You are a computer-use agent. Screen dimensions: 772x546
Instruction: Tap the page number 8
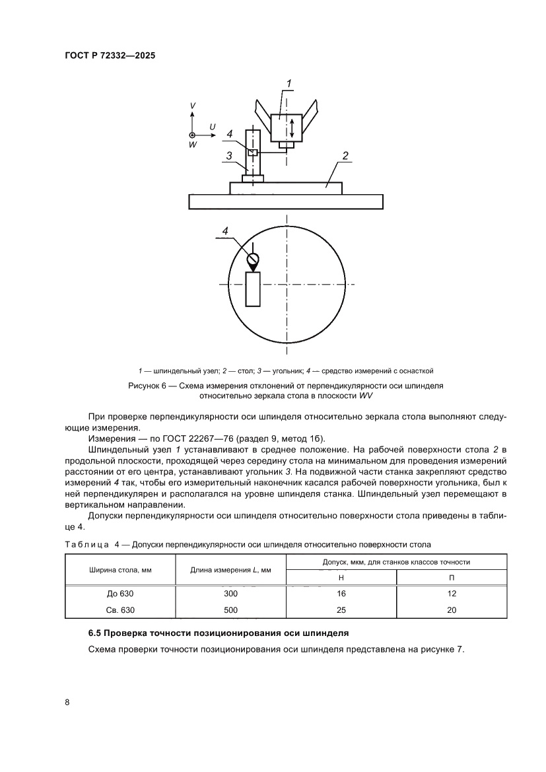pyautogui.click(x=67, y=702)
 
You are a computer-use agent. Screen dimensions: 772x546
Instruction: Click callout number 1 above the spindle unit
pyautogui.click(x=288, y=83)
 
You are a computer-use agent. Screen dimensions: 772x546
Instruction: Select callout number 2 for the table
pyautogui.click(x=344, y=156)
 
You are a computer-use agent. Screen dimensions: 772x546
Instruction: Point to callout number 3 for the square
pyautogui.click(x=228, y=156)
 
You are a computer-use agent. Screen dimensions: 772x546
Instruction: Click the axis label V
pyautogui.click(x=192, y=106)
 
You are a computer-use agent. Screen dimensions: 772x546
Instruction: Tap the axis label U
pyautogui.click(x=212, y=125)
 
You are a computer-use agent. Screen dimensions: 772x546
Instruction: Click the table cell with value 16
pyautogui.click(x=341, y=594)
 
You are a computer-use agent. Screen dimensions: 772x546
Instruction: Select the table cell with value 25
pyautogui.click(x=341, y=610)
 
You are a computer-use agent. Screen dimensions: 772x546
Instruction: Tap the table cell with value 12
pyautogui.click(x=452, y=594)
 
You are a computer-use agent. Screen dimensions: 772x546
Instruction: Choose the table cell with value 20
pyautogui.click(x=452, y=610)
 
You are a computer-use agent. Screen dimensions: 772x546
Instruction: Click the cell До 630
pyautogui.click(x=120, y=594)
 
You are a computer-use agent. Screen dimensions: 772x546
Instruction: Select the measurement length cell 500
pyautogui.click(x=230, y=610)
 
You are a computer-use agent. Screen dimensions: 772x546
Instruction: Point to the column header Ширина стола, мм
pyautogui.click(x=120, y=570)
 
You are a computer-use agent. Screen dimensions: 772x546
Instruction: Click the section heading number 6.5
pyautogui.click(x=95, y=633)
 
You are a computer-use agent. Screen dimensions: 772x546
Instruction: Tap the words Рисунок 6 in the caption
pyautogui.click(x=149, y=384)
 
